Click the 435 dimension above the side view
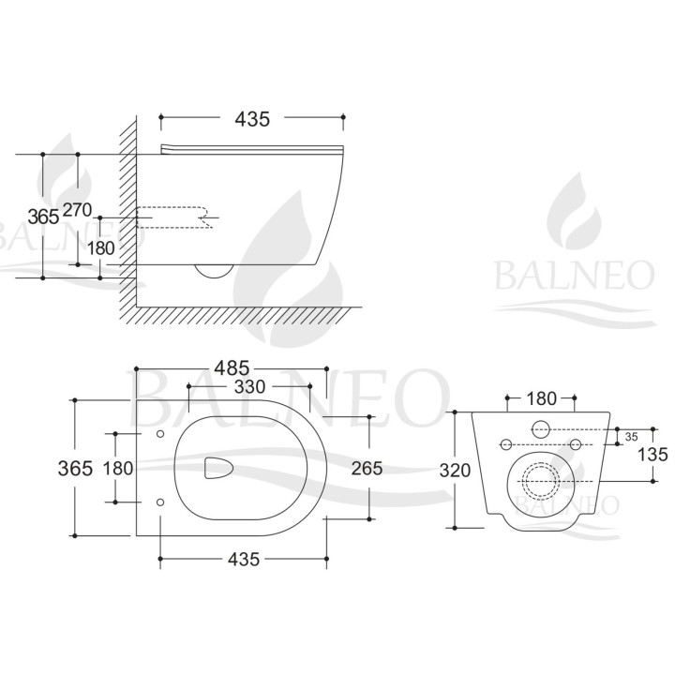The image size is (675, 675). click(252, 119)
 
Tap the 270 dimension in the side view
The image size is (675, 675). click(78, 210)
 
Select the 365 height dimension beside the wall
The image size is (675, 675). click(43, 217)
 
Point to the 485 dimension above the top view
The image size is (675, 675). click(232, 368)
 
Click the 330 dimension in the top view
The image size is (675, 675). click(249, 386)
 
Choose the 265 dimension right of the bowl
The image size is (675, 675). click(367, 468)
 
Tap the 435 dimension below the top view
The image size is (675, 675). click(244, 559)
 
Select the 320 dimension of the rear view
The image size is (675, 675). click(455, 471)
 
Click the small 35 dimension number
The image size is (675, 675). click(632, 437)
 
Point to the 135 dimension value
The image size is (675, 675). click(652, 454)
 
